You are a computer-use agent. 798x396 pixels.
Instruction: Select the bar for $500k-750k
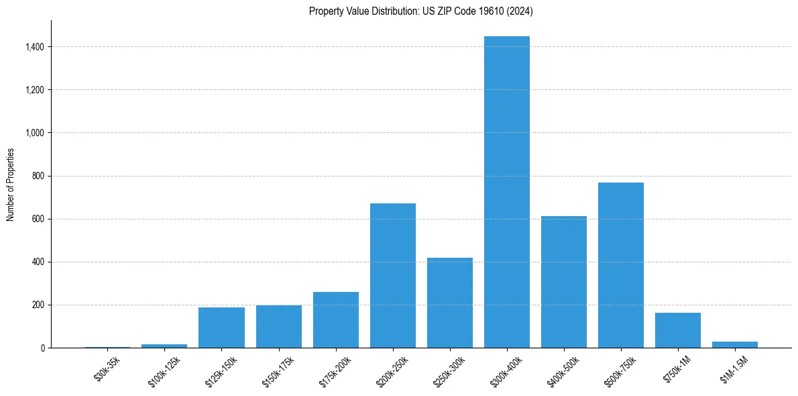coord(621,265)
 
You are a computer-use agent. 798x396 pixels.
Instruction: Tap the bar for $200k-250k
coord(393,275)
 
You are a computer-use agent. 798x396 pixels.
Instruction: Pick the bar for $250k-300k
coord(450,303)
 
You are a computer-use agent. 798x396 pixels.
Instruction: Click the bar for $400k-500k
coord(564,282)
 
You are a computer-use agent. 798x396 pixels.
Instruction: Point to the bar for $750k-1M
coord(678,330)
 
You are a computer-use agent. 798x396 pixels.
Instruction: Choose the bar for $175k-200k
coord(336,319)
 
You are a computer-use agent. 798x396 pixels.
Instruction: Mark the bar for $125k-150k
coord(221,328)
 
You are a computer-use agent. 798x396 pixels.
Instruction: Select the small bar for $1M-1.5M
coord(735,345)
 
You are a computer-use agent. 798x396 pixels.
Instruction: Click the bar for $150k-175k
coord(279,326)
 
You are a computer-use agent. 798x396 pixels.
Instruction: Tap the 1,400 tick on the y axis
coord(35,47)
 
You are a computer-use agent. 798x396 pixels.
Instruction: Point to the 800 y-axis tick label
coord(38,176)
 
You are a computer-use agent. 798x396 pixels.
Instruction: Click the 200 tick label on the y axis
coord(38,305)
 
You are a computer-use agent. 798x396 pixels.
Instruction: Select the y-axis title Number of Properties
coord(10,184)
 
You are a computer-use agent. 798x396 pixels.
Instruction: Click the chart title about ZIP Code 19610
coord(421,11)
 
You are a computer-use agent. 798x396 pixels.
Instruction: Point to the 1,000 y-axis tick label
coord(35,133)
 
